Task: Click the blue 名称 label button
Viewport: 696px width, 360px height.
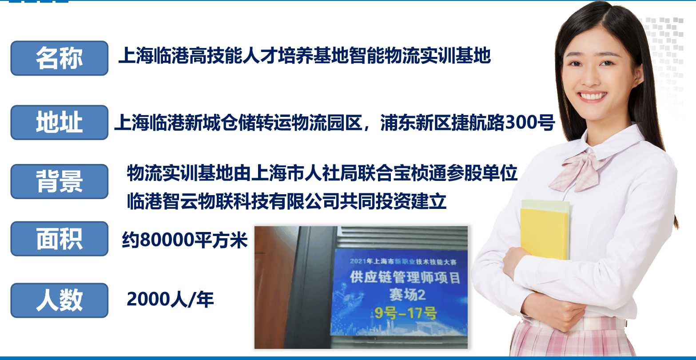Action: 60,58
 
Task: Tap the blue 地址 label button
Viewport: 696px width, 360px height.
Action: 60,122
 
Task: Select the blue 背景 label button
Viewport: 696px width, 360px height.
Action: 60,181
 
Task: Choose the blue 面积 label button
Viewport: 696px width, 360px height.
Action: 60,239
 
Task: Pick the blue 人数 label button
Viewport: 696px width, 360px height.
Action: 60,300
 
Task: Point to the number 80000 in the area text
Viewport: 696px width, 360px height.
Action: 167,240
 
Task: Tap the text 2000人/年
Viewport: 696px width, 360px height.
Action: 170,300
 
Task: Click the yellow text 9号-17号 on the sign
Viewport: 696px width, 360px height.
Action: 406,313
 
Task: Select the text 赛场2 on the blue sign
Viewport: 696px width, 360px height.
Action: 408,294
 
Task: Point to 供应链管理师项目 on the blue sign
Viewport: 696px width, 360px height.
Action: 405,277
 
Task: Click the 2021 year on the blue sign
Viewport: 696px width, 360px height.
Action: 358,261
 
